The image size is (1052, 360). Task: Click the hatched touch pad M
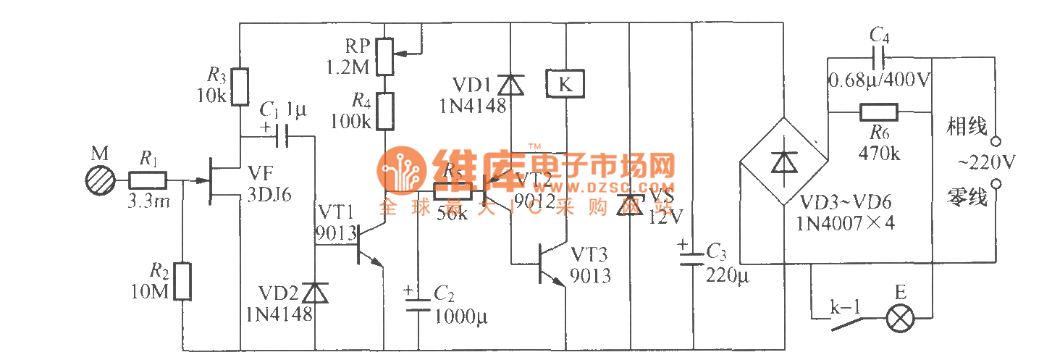point(98,179)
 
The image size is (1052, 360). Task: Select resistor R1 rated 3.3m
point(148,179)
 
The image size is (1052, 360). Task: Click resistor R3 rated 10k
point(240,87)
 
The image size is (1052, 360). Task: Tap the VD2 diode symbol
point(314,292)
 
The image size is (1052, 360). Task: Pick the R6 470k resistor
point(879,112)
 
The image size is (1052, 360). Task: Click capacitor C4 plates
point(879,56)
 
